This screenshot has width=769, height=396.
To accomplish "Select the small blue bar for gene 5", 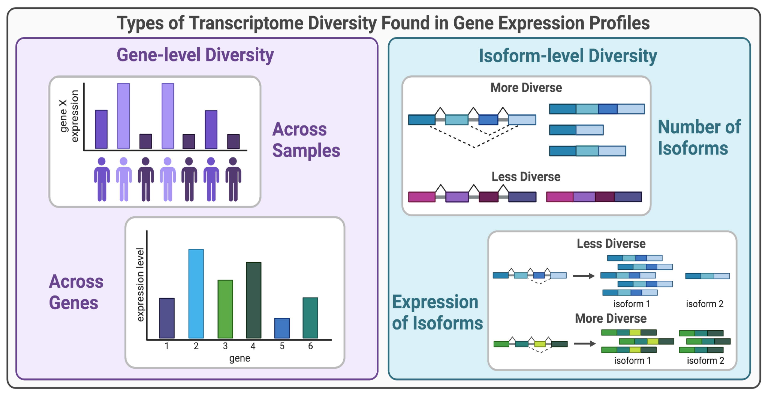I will click(282, 328).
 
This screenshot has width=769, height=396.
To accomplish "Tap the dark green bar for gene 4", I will click(254, 300).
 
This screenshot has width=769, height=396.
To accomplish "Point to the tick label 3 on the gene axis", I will click(225, 346).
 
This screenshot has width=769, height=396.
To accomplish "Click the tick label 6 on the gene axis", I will click(310, 346).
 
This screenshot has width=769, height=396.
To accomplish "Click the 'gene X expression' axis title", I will click(69, 116).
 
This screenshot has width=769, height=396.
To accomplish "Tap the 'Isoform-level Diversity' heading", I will click(568, 56).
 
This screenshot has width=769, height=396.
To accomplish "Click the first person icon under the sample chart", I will click(102, 179).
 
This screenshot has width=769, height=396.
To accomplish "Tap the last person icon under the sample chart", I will click(233, 179).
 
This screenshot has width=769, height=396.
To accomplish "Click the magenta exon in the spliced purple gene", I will click(421, 197).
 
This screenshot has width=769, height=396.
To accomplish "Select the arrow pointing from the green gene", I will click(584, 343).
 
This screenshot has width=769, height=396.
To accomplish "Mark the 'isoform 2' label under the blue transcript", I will click(705, 304).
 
